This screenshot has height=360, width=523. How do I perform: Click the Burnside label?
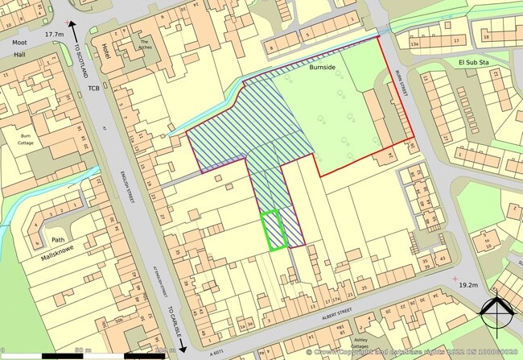322,68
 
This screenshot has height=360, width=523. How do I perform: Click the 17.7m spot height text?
55,35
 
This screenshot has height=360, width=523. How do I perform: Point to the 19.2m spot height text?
468,285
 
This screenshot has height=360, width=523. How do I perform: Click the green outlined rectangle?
274,230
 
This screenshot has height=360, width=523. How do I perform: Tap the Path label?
58,240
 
